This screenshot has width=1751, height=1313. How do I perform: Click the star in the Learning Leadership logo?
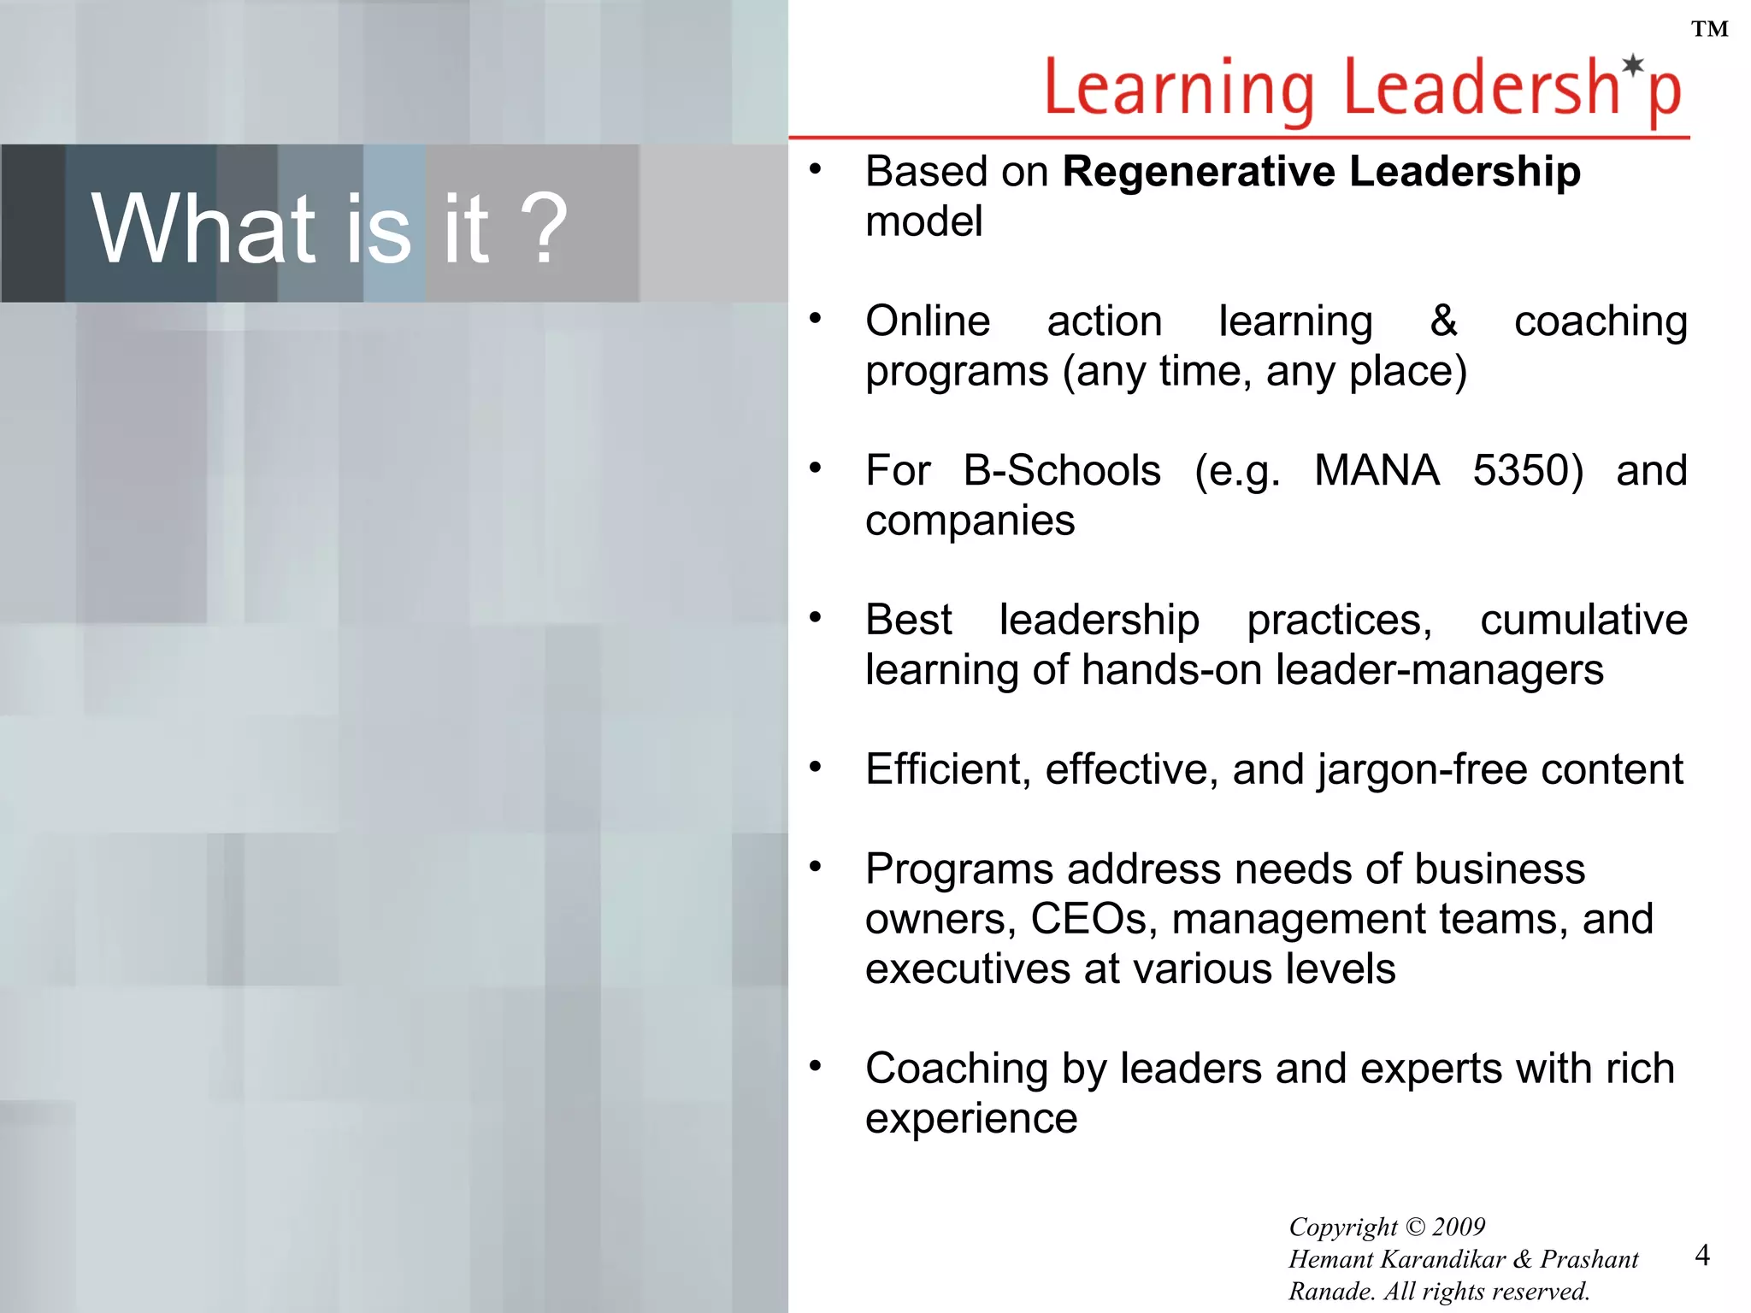pyautogui.click(x=1633, y=65)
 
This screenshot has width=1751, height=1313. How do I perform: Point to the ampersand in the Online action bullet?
pyautogui.click(x=1443, y=321)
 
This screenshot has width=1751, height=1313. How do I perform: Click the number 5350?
pyautogui.click(x=1527, y=471)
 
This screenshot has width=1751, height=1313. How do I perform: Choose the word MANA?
pyautogui.click(x=1377, y=471)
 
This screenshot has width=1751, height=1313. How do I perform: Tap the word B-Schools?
pyautogui.click(x=1062, y=471)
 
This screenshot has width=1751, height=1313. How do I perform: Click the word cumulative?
pyautogui.click(x=1583, y=620)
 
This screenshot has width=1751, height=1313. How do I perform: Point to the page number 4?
pyautogui.click(x=1702, y=1255)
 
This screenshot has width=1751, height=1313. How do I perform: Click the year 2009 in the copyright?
pyautogui.click(x=1459, y=1227)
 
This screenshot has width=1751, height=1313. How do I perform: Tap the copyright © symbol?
pyautogui.click(x=1415, y=1228)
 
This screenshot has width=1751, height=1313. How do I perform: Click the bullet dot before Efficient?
pyautogui.click(x=816, y=767)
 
